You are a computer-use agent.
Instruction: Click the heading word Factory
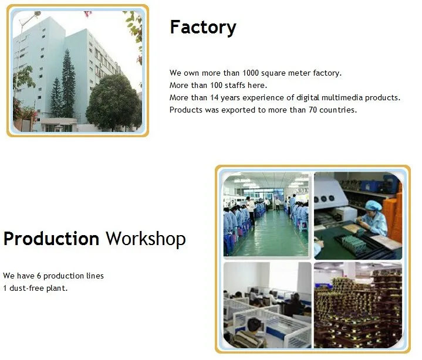[x=203, y=28]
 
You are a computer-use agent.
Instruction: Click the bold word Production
[x=52, y=239]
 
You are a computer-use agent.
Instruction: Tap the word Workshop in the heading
[x=146, y=239]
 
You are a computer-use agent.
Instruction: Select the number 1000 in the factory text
[x=251, y=73]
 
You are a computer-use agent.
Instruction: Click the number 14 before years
[x=214, y=97]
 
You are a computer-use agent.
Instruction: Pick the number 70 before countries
[x=313, y=110]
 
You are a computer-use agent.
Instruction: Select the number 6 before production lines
[x=39, y=276]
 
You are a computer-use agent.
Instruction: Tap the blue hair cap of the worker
[x=373, y=206]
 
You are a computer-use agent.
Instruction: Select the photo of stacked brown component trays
[x=358, y=305]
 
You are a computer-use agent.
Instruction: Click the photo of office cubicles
[x=267, y=305]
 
